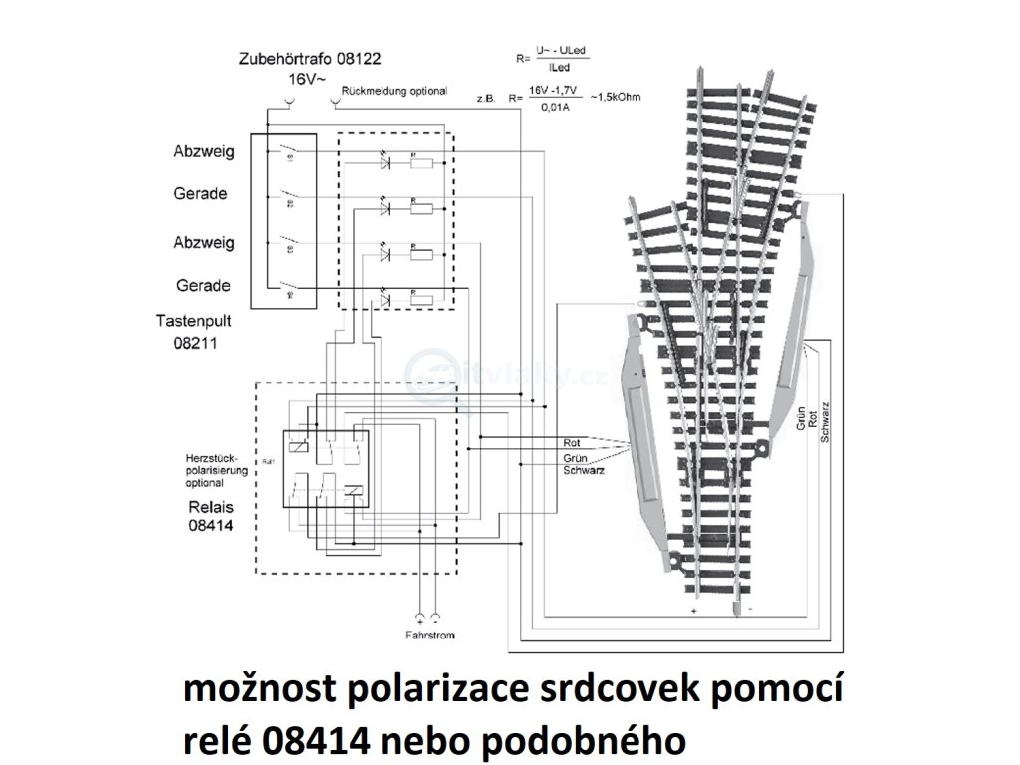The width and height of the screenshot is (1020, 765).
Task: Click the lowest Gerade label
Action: pos(202,286)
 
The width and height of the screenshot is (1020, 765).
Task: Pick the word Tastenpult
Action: pos(193,321)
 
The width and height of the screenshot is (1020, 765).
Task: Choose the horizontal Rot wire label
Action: pos(572,441)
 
